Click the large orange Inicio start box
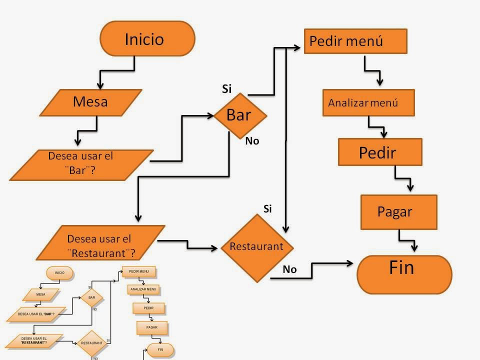click(x=147, y=38)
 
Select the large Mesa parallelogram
click(x=90, y=102)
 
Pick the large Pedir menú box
click(x=355, y=41)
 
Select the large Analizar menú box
click(x=368, y=102)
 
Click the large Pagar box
click(x=398, y=212)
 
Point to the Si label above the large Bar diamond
click(x=227, y=89)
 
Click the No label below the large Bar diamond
click(x=252, y=141)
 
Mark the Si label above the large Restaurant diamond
click(x=267, y=209)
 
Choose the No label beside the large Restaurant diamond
click(x=289, y=269)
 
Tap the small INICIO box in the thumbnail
click(x=59, y=273)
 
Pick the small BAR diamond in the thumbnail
click(x=91, y=298)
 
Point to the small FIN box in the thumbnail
click(x=160, y=349)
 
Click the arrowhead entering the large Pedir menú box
click(x=299, y=48)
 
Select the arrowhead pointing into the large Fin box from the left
click(x=352, y=262)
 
